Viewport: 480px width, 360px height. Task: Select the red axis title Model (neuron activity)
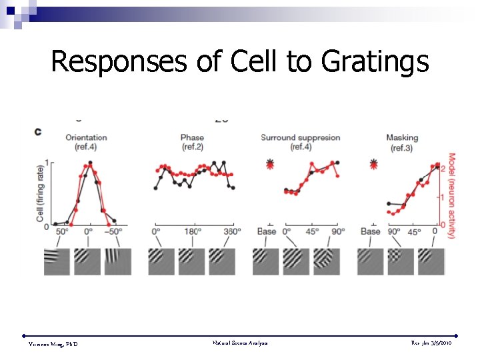click(x=451, y=195)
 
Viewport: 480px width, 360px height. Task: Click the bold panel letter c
click(x=38, y=131)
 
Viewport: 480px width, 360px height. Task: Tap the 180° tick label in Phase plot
click(x=193, y=232)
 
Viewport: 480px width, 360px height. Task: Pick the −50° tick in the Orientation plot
click(x=115, y=232)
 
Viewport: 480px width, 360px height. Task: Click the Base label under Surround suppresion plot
click(x=267, y=232)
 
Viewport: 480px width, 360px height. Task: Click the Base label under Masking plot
click(x=371, y=232)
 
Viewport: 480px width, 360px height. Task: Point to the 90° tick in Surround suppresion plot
click(x=337, y=232)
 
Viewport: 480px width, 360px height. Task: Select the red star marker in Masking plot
click(x=373, y=163)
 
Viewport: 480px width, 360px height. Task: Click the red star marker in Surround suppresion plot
click(x=269, y=163)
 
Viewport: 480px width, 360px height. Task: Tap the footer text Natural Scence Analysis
click(x=240, y=342)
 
